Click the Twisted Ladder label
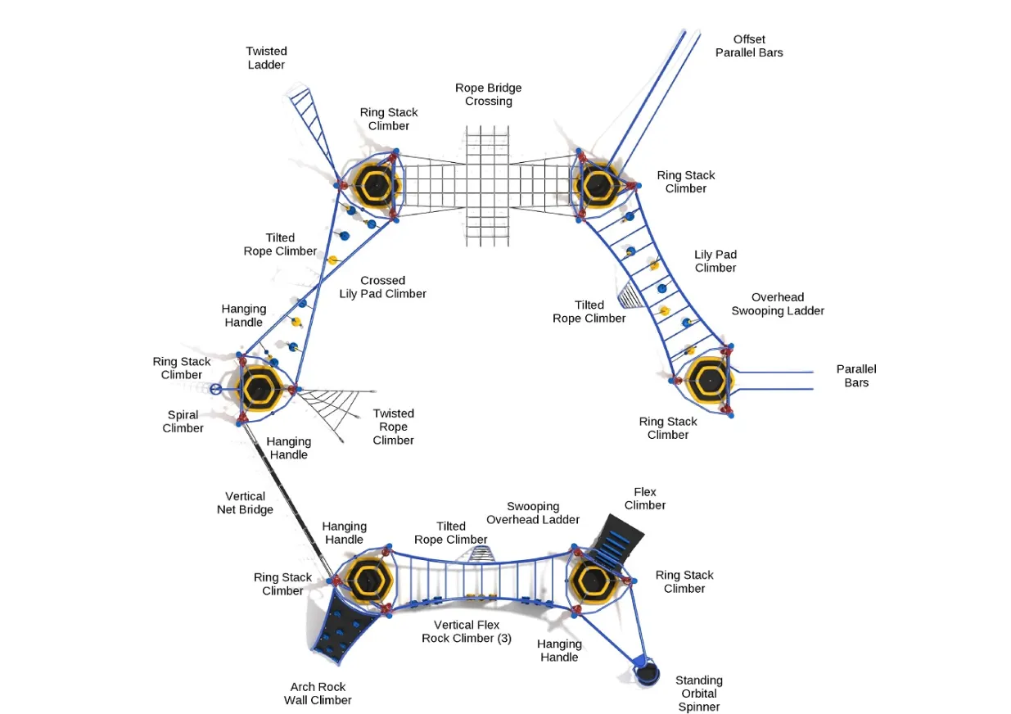tap(267, 57)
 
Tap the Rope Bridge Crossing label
tap(489, 95)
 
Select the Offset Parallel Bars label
tap(749, 46)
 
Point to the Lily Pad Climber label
tap(715, 261)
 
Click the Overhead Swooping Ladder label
tap(777, 304)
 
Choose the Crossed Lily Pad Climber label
tap(382, 287)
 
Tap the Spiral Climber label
tap(183, 422)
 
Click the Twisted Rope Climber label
tap(393, 427)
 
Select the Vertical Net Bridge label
tap(245, 503)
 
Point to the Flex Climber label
tap(645, 499)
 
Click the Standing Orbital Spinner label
tap(699, 694)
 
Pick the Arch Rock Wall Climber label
tap(318, 694)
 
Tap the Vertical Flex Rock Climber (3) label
tap(467, 631)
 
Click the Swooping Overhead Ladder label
tap(533, 513)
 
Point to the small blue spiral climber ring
tap(215, 390)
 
